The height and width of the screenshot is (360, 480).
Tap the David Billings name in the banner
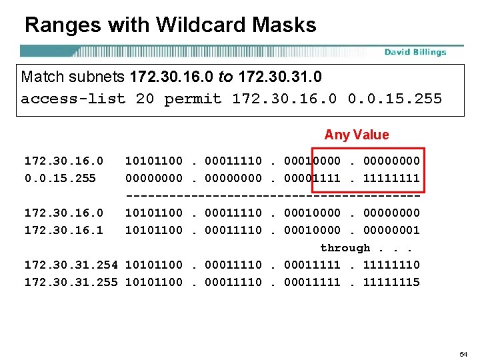click(415, 52)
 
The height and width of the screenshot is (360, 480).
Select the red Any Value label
click(356, 135)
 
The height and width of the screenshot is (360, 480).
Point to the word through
click(345, 247)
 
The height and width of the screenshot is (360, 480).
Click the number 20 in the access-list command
click(145, 99)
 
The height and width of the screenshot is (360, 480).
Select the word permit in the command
click(193, 99)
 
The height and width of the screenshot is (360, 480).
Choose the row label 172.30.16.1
click(64, 230)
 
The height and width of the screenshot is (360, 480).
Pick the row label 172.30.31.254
click(71, 265)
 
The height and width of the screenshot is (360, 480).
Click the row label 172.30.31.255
click(71, 282)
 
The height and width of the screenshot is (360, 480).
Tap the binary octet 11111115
click(391, 282)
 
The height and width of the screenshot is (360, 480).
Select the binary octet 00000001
click(391, 230)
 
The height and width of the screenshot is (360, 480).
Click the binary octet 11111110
click(391, 265)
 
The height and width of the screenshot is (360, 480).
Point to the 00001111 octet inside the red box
click(312, 178)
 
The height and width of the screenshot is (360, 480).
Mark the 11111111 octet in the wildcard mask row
click(391, 178)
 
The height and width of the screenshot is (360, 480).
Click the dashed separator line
click(273, 195)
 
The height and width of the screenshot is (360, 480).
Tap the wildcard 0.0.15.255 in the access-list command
click(395, 99)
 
